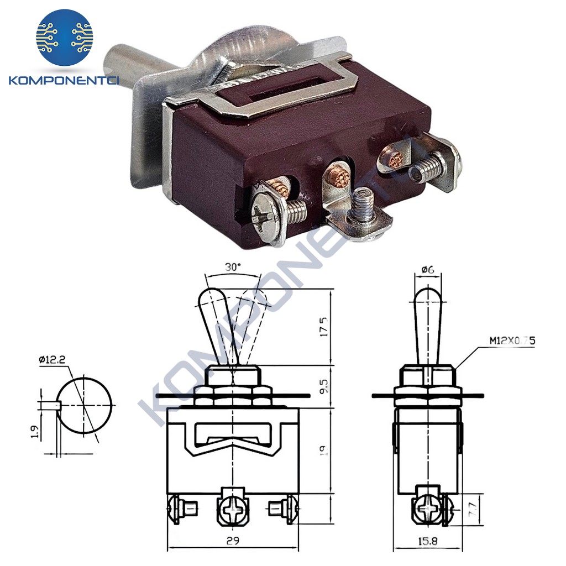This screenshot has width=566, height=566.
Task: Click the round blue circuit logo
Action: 65,37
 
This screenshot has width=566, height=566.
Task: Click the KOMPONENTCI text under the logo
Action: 65,81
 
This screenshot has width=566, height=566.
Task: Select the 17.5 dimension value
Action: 324,327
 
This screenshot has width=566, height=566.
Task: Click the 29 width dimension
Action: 233,541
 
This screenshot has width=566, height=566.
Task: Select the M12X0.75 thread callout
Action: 512,341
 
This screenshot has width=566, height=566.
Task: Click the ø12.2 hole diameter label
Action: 53,360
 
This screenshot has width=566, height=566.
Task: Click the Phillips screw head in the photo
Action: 261,216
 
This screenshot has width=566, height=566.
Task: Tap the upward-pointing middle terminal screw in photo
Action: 363,205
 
